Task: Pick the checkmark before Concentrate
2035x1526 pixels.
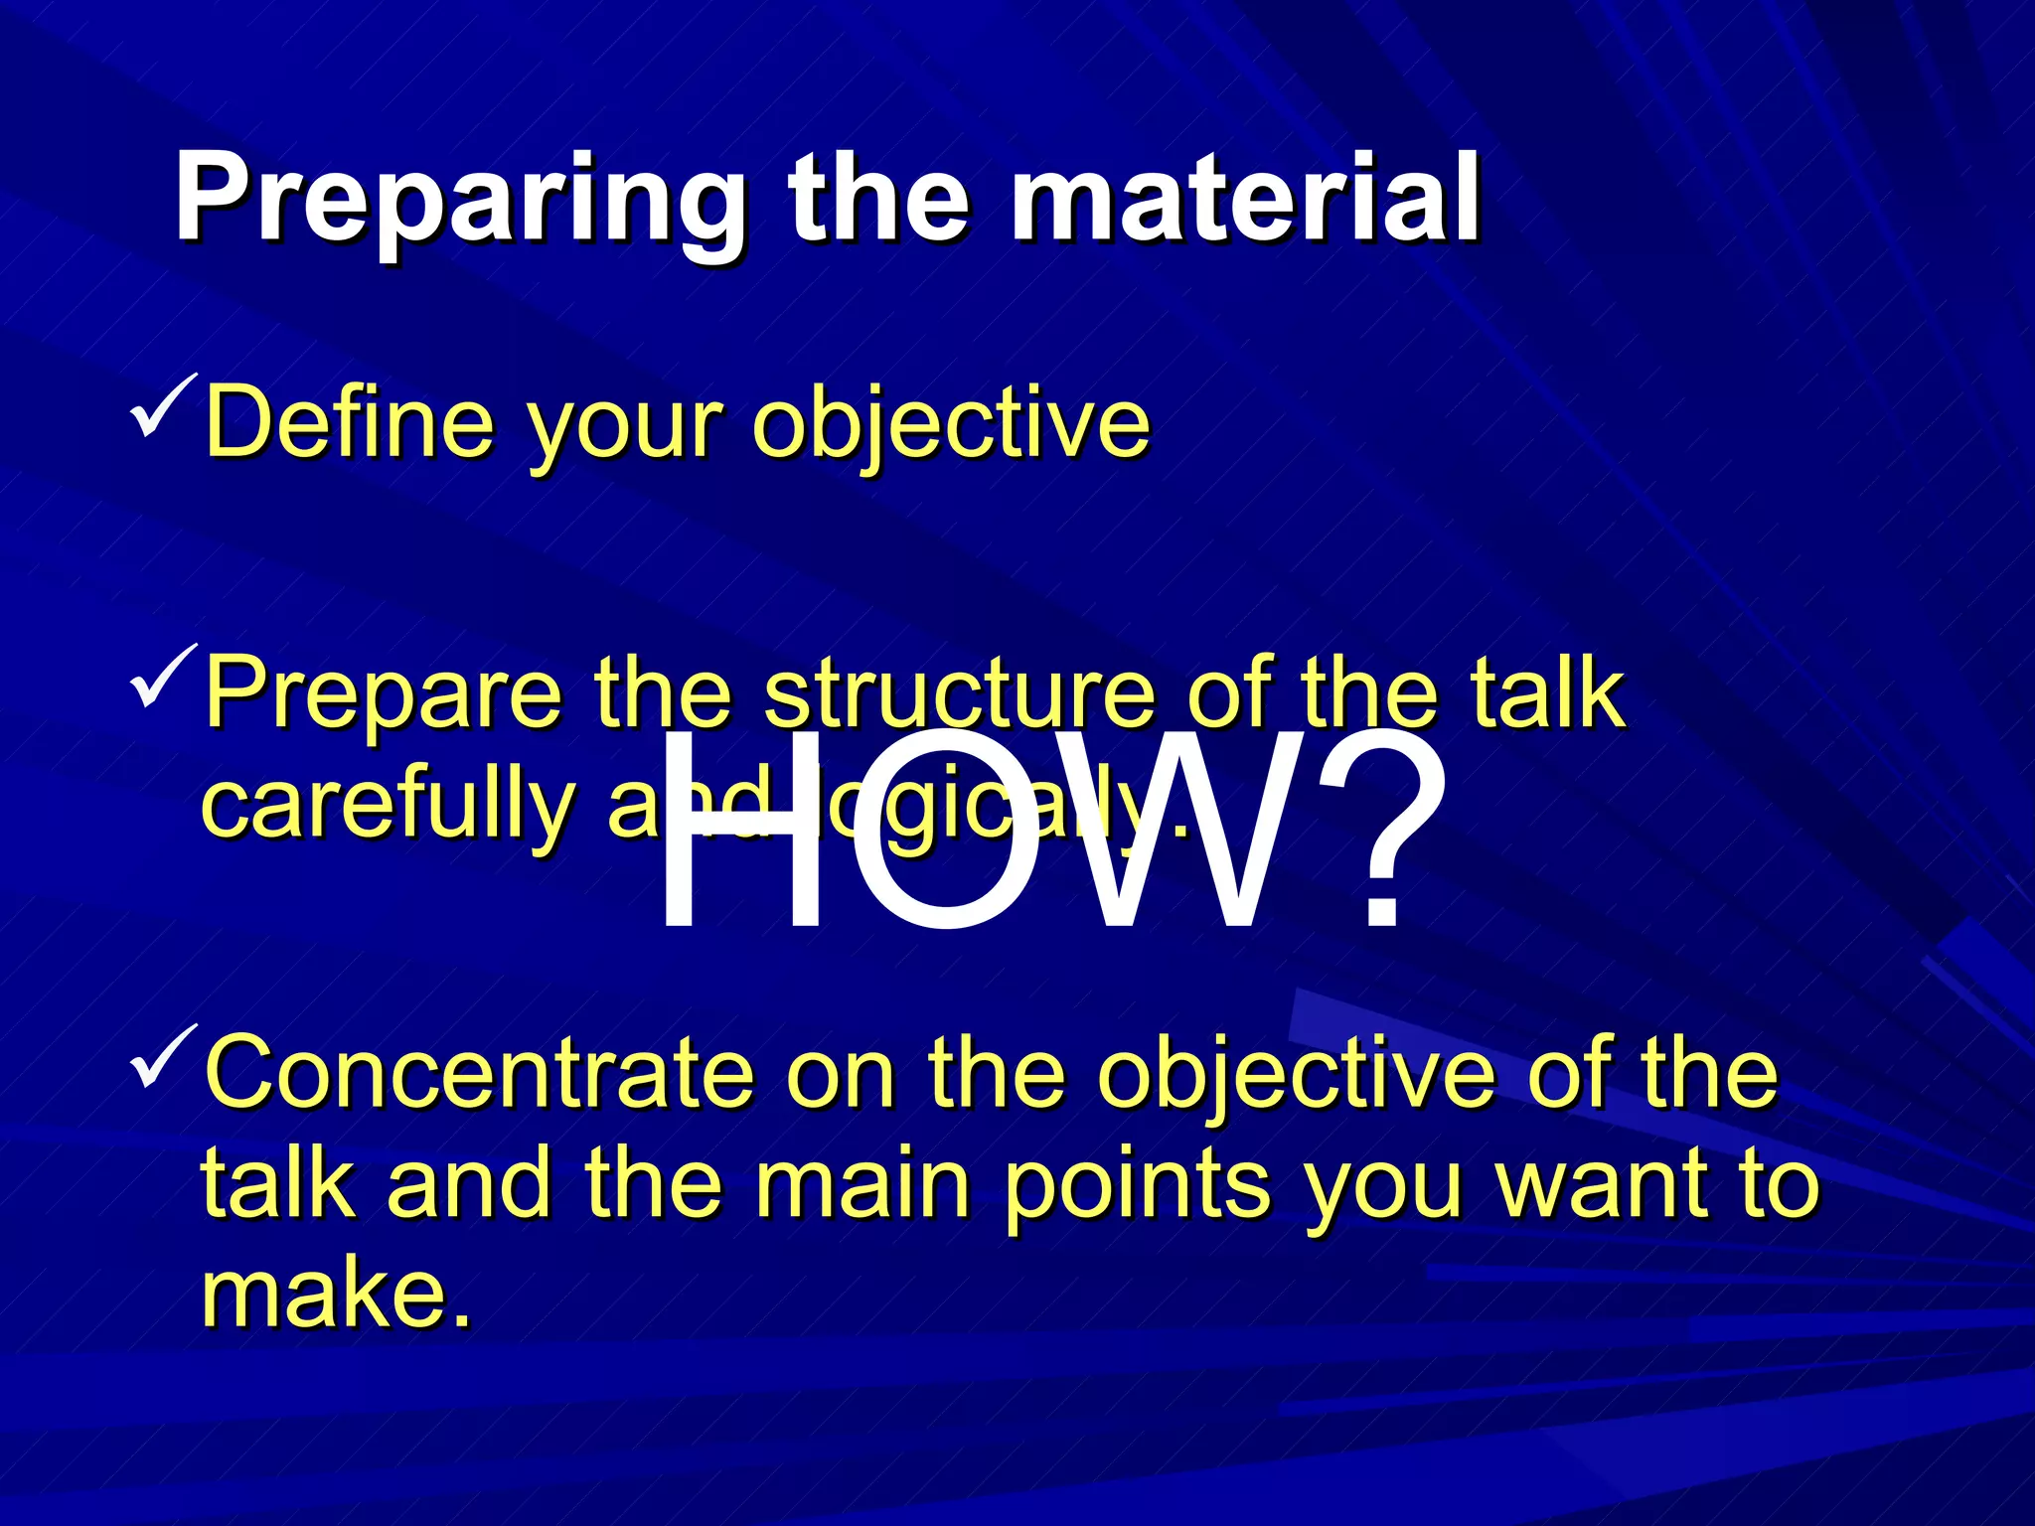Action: pyautogui.click(x=162, y=1057)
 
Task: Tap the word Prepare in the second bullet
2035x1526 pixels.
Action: pyautogui.click(x=383, y=695)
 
